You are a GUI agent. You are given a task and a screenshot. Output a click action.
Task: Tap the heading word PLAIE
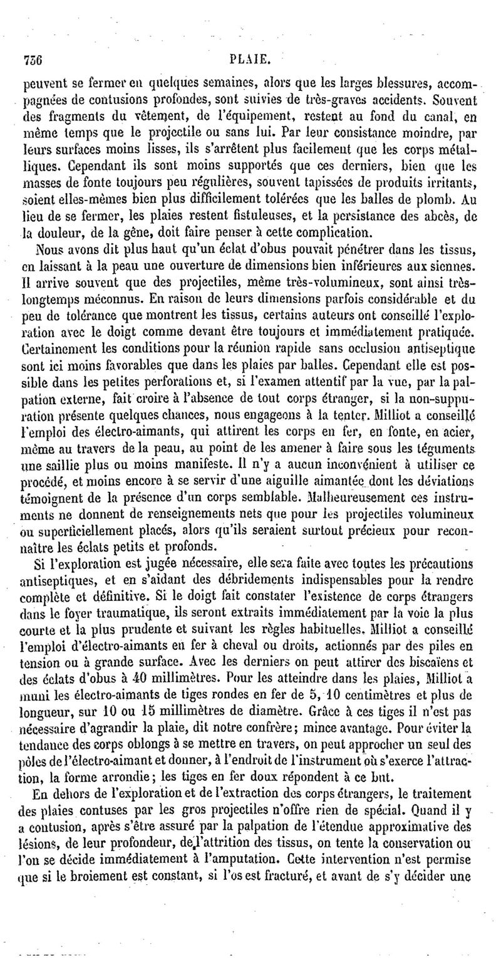pyautogui.click(x=249, y=60)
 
